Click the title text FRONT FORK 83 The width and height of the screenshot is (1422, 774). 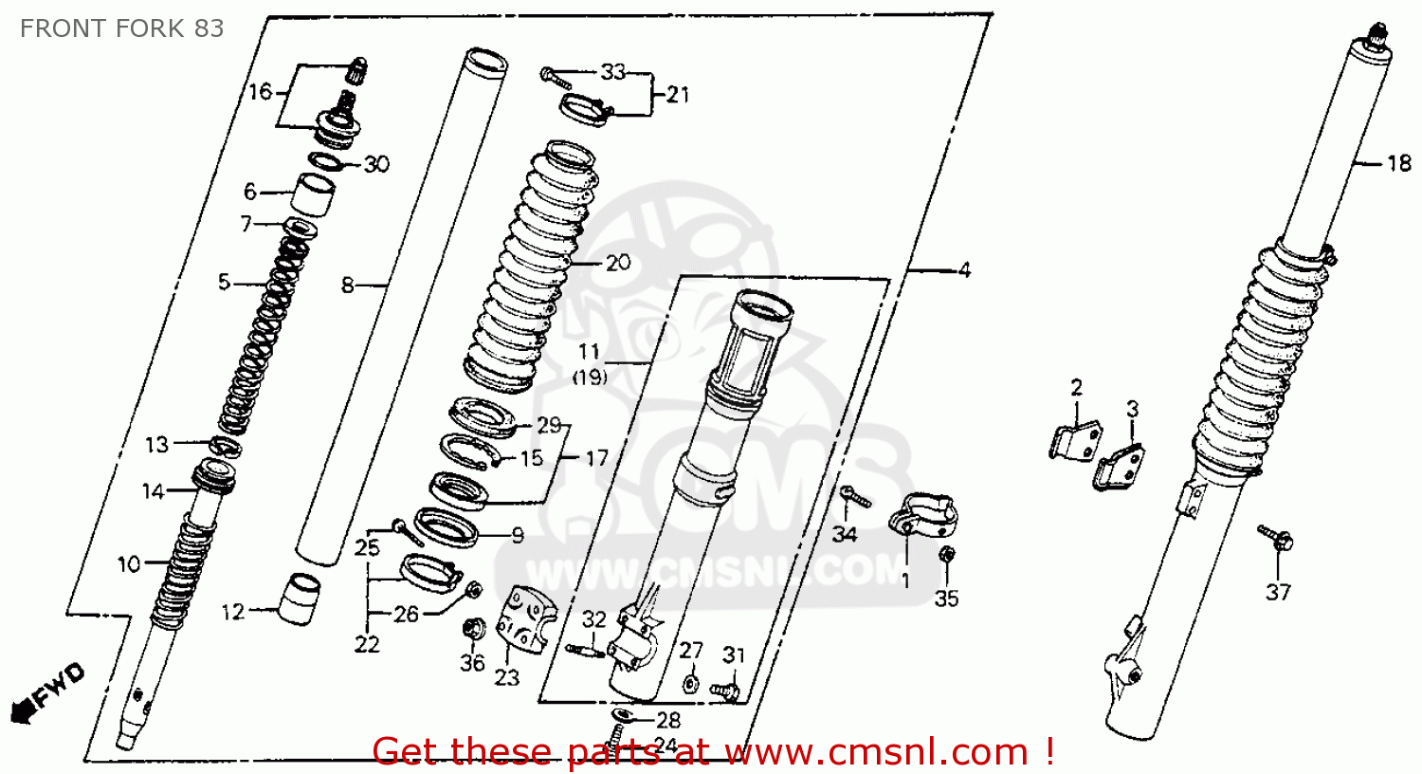pos(121,28)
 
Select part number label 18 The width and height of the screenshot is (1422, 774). pos(1399,163)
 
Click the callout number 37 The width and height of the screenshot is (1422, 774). pos(1278,592)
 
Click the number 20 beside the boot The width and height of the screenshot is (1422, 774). pos(618,262)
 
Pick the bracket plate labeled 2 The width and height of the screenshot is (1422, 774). pos(1076,439)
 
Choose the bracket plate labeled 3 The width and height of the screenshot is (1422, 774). pos(1120,465)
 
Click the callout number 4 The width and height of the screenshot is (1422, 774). pos(964,270)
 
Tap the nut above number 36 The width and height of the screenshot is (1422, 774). pos(471,628)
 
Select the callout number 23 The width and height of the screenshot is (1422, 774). pos(507,677)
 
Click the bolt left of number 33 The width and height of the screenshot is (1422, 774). pos(556,78)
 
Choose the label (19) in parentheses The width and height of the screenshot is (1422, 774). pos(589,377)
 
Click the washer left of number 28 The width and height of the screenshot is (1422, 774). pos(625,714)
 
